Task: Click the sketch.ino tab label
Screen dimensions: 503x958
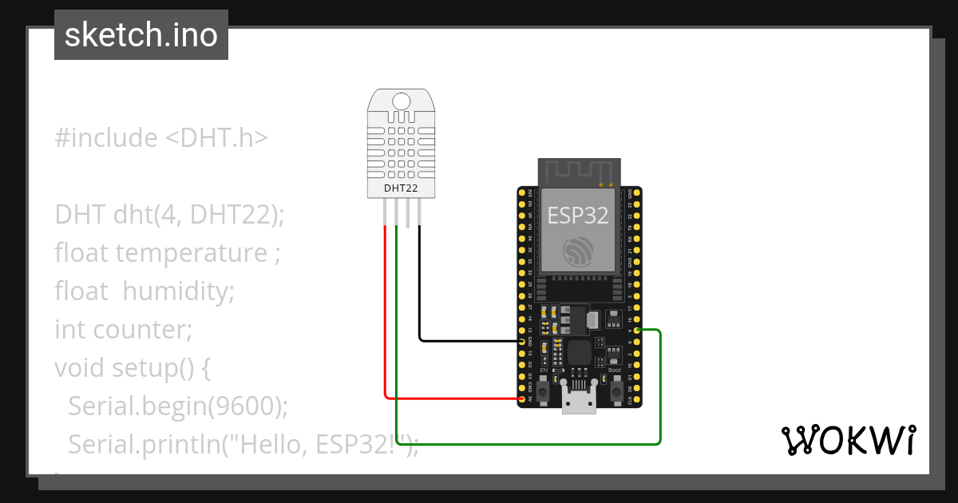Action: point(141,35)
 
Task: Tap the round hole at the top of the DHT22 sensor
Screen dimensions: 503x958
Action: point(402,101)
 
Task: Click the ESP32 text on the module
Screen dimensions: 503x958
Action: point(577,215)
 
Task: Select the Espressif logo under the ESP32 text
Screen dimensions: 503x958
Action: point(577,251)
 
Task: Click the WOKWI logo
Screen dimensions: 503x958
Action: point(848,441)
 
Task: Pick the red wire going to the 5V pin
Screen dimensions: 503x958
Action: point(447,398)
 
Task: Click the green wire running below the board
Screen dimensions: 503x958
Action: point(527,443)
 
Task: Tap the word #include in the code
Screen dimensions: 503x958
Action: point(106,138)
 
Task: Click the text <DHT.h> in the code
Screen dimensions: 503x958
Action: point(216,138)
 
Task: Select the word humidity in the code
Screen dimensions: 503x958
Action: point(178,291)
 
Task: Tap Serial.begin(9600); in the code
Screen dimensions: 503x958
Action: point(177,406)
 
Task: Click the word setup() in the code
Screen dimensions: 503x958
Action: point(160,367)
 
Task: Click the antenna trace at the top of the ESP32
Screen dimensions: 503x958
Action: point(579,171)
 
